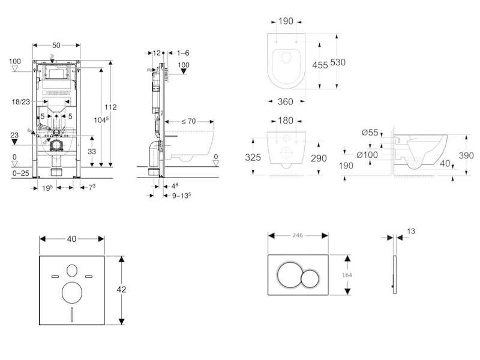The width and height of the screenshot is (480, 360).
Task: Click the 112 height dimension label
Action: [x=110, y=107]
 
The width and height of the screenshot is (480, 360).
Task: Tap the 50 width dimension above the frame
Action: [x=56, y=46]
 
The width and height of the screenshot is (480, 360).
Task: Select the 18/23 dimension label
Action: [x=21, y=101]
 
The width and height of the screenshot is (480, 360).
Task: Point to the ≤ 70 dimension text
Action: [x=188, y=121]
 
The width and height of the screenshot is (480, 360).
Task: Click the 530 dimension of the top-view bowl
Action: [x=338, y=62]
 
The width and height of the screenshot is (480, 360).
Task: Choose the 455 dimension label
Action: [x=320, y=65]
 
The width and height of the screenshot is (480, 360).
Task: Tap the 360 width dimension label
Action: [x=286, y=101]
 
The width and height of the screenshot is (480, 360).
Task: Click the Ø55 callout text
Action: [x=370, y=132]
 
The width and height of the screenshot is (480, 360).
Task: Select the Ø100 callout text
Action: [x=367, y=155]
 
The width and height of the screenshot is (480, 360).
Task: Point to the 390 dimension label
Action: [x=466, y=155]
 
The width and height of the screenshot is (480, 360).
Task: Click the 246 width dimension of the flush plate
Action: [x=297, y=235]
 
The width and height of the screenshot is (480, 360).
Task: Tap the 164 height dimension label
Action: [x=347, y=275]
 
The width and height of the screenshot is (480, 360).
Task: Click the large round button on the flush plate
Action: [x=289, y=275]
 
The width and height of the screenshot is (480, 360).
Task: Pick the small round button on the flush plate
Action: [x=310, y=279]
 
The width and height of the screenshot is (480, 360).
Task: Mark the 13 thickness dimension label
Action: [x=411, y=231]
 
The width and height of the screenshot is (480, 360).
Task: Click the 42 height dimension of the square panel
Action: [x=121, y=289]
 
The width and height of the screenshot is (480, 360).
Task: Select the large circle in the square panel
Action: [x=72, y=292]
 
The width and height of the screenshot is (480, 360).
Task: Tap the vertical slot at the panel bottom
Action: [x=72, y=314]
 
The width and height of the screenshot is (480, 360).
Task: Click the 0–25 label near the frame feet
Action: [x=21, y=173]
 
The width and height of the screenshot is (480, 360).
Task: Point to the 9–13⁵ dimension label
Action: [x=181, y=196]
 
